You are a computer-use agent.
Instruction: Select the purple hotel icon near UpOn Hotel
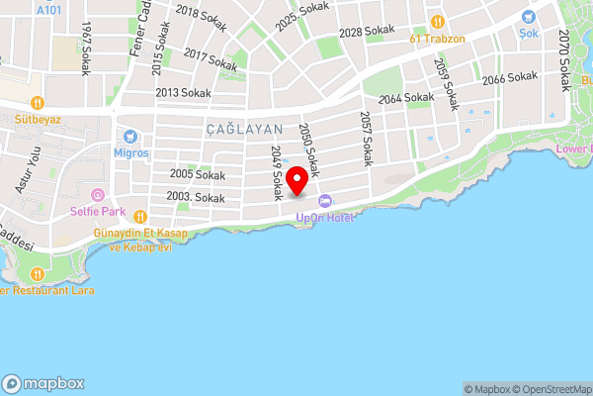click(x=326, y=202)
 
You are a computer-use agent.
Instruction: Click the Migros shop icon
click(x=129, y=136)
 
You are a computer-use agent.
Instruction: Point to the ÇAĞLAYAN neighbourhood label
click(x=245, y=130)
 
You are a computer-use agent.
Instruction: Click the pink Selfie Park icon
click(x=97, y=195)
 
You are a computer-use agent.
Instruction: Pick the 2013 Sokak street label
click(x=183, y=93)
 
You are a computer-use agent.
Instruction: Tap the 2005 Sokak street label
click(x=197, y=174)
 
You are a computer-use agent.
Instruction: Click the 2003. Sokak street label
click(x=196, y=198)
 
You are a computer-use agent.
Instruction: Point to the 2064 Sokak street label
click(x=406, y=98)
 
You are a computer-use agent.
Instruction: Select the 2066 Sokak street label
click(x=510, y=77)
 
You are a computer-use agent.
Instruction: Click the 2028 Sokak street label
click(x=366, y=33)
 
